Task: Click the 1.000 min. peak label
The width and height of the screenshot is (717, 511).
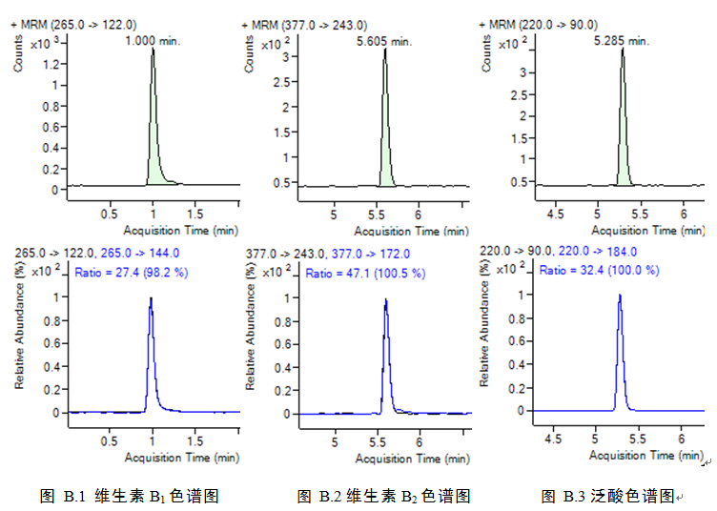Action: coord(154,41)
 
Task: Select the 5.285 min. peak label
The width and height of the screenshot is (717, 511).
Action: coord(621,41)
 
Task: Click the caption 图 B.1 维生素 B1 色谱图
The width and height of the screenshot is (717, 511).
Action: coord(130,496)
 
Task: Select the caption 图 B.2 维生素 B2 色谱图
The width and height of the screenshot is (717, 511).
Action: coord(383,496)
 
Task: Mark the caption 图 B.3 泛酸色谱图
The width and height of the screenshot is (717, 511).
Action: coord(607,496)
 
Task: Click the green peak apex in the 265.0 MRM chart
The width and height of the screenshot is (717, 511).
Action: coord(152,50)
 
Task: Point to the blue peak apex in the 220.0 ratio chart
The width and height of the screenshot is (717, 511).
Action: coord(620,295)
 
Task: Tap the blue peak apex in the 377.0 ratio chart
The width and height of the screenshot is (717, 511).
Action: coord(385,299)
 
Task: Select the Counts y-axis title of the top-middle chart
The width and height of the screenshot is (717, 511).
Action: coord(250,56)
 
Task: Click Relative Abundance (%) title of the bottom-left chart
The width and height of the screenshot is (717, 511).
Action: coord(18,334)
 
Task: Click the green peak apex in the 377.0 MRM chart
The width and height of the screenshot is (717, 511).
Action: coord(385,50)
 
